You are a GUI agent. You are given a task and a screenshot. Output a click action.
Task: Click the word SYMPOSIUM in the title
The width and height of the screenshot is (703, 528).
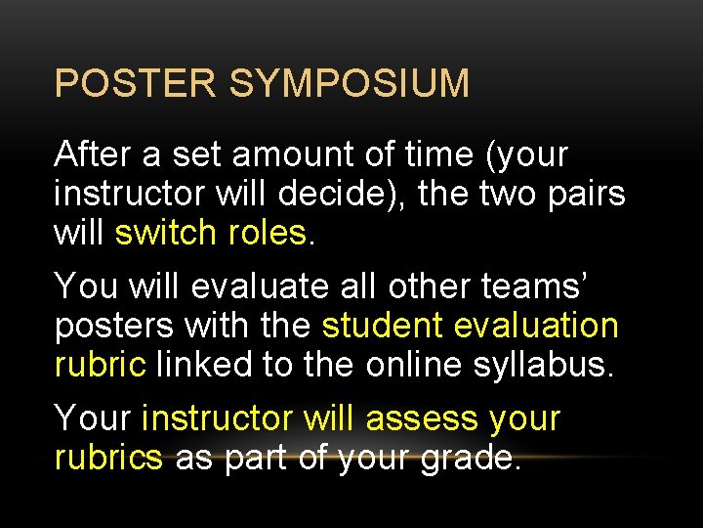pos(350,84)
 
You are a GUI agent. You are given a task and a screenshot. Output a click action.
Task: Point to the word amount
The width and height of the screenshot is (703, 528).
pos(309,154)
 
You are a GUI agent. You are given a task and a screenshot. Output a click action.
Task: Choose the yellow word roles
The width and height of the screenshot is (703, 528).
pos(267,233)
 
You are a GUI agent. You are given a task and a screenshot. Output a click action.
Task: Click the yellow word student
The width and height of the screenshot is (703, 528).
pos(381,326)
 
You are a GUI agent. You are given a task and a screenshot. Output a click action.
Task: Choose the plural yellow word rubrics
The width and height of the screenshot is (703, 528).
pos(108,458)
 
